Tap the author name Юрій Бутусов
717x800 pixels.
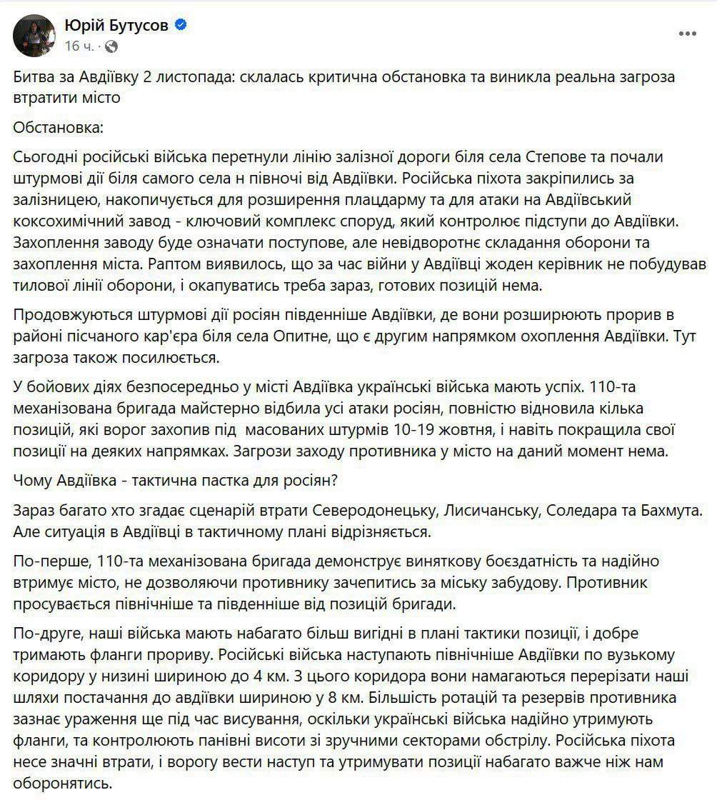(116, 26)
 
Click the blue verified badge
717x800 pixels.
(181, 26)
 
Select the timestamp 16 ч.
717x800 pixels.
(79, 46)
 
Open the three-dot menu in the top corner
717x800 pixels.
(687, 34)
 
